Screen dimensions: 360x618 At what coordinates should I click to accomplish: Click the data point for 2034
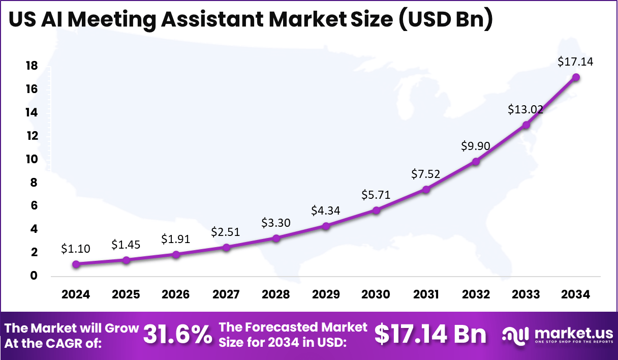click(x=576, y=77)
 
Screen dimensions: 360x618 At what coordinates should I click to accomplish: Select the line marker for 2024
click(x=76, y=264)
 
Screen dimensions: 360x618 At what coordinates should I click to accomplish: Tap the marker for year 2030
click(x=376, y=210)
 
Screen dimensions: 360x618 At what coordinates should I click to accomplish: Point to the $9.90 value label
click(x=476, y=146)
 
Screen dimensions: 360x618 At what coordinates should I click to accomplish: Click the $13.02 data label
click(x=526, y=109)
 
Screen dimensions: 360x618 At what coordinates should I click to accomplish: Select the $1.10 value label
click(x=76, y=249)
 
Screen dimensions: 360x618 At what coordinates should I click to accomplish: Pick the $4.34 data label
click(x=326, y=211)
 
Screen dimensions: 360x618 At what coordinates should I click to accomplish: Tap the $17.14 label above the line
click(x=575, y=62)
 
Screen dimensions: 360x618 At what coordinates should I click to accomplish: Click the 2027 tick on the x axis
click(x=226, y=295)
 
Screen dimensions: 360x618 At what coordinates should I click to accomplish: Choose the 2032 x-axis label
click(x=476, y=295)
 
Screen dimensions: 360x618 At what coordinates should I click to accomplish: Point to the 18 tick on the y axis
click(x=32, y=66)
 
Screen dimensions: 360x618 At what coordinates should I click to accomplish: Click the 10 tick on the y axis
click(x=32, y=159)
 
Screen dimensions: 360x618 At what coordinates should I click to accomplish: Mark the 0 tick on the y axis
click(x=34, y=276)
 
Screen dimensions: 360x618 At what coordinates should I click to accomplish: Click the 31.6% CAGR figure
click(x=177, y=335)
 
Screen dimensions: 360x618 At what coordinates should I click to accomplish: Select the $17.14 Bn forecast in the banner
click(x=430, y=335)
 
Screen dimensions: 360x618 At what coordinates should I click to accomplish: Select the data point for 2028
click(x=276, y=238)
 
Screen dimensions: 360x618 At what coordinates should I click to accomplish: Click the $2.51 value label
click(x=226, y=232)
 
